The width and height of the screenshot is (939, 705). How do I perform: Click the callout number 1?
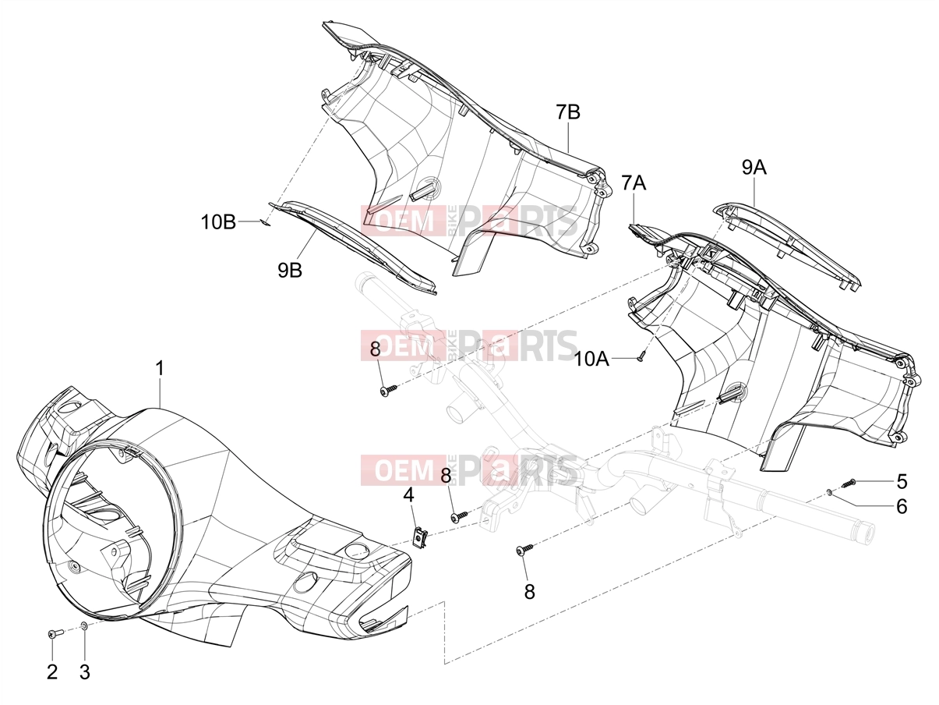point(160,369)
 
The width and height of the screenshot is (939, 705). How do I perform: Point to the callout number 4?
point(409,496)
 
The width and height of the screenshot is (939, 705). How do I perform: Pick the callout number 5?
point(902,482)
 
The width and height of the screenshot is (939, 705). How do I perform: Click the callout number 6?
point(902,507)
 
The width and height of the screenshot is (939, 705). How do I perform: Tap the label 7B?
point(568,112)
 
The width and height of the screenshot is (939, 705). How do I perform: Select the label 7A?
point(634,182)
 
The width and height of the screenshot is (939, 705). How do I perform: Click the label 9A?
point(754,168)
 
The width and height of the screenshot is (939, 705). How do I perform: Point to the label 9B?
point(290,270)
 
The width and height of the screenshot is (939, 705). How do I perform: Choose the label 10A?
point(591,360)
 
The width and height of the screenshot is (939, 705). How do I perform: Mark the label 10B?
point(219,222)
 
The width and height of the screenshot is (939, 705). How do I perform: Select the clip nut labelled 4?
point(418,537)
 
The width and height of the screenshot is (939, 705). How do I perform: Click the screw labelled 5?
point(845,484)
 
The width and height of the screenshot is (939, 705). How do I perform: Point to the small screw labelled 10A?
point(641,356)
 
